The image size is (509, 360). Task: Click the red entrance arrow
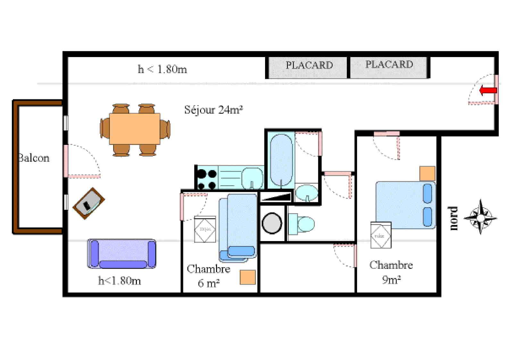(x=488, y=90)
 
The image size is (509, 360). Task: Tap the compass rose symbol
(x=480, y=217)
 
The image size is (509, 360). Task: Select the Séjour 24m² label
(x=213, y=110)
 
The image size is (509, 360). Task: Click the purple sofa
(x=122, y=254)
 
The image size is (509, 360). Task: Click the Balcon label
(x=34, y=158)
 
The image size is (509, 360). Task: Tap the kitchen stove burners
(x=206, y=180)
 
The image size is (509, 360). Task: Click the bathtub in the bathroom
(x=281, y=160)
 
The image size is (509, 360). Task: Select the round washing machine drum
(x=272, y=222)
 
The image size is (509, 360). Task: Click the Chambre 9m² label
(x=391, y=272)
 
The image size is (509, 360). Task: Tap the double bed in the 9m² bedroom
(x=405, y=205)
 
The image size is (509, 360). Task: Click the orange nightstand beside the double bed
(x=427, y=173)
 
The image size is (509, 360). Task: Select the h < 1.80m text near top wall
(x=162, y=69)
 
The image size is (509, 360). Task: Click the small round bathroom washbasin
(x=306, y=193)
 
